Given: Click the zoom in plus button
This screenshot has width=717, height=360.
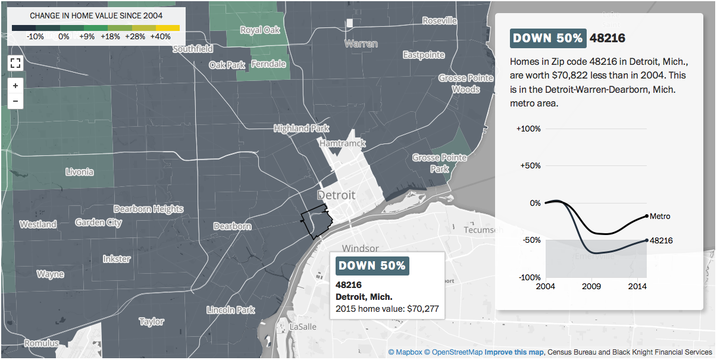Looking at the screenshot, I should pos(15,86).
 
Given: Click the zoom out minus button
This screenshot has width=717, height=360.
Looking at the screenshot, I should pos(15,101).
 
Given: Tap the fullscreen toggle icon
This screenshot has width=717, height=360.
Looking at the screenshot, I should pos(15,63).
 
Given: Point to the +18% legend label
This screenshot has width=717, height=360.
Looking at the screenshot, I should pos(110,37).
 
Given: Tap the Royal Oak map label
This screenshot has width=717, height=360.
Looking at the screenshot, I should pos(259,30).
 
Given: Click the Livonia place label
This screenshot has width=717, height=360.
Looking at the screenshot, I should pos(79,172).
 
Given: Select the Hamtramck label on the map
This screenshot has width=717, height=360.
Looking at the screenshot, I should pos(342,143).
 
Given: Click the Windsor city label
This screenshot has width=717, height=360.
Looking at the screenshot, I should pos(360,248).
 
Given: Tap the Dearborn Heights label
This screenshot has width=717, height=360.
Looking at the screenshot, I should pos(148,209).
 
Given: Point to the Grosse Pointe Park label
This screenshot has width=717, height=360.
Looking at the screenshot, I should pos(439,163).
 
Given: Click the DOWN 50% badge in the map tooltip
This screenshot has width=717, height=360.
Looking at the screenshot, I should pos(372,265).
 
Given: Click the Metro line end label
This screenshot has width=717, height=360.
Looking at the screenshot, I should pos(660,217).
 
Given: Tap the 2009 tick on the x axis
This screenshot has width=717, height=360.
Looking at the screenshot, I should pos(591,287).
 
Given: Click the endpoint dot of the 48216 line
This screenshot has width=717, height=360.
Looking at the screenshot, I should pos(647,240).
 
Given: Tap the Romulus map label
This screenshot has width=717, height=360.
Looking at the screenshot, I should pos(41,343).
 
